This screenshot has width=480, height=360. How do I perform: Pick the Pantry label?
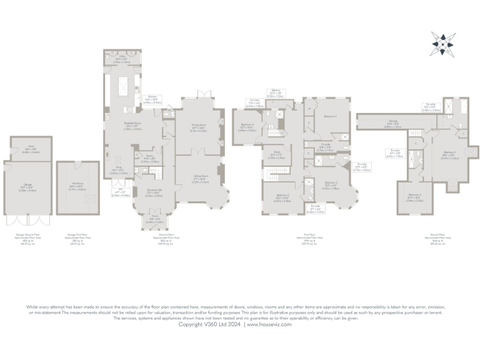149,159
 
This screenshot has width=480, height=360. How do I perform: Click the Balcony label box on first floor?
275,94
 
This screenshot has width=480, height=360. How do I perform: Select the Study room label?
276,155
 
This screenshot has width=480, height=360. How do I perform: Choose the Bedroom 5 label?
283,199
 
